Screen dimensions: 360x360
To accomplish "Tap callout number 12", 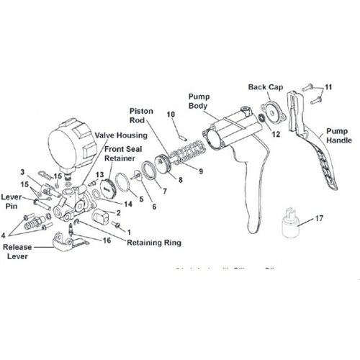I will tap(275, 134).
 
